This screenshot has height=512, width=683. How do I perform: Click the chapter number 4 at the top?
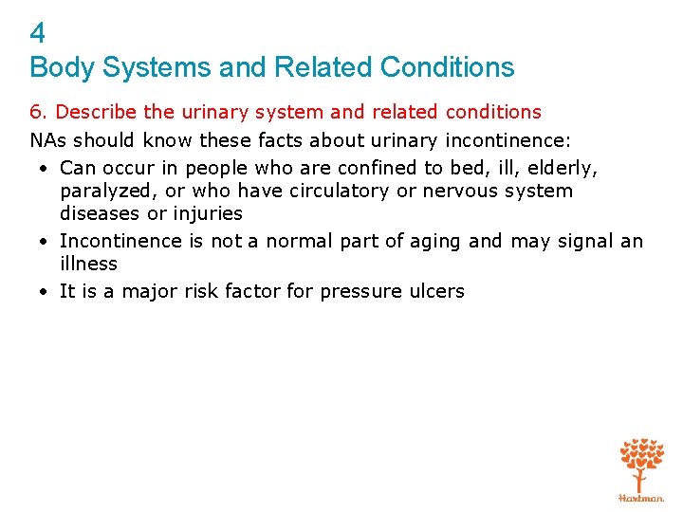[x=38, y=35]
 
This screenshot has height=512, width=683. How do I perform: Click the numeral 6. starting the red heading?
[x=39, y=113]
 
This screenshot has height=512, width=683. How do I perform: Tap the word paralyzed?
[x=105, y=192]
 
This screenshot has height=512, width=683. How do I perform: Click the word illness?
[x=88, y=264]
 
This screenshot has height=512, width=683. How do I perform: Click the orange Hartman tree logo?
[x=641, y=466]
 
